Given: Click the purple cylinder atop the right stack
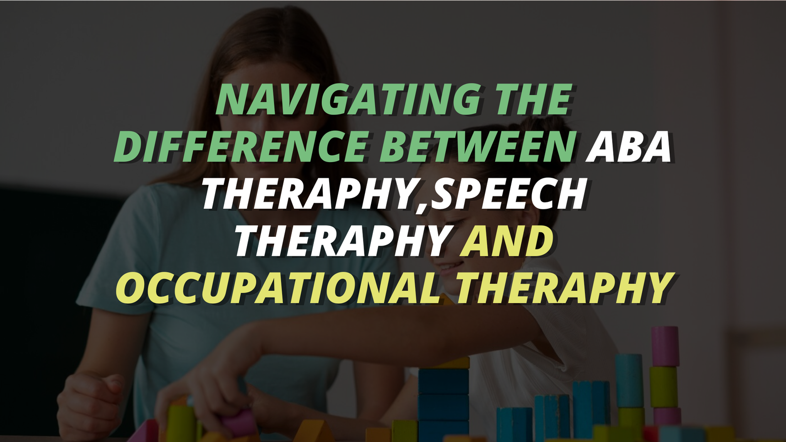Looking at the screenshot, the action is click(665, 347).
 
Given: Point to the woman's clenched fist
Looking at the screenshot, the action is click(92, 403).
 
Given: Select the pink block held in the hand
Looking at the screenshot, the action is click(241, 423).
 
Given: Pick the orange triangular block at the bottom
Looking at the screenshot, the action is click(313, 431).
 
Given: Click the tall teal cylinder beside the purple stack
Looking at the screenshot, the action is click(629, 381).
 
